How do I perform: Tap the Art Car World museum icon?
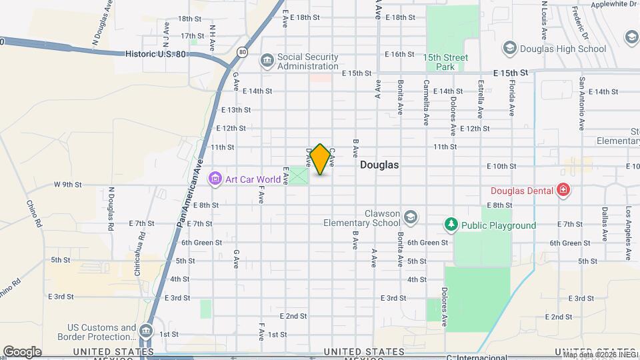(215, 179)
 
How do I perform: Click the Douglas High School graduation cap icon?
(510, 49)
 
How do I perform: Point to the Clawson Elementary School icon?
(411, 217)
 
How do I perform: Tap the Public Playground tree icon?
(451, 225)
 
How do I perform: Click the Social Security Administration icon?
(267, 61)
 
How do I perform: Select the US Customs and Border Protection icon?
(147, 331)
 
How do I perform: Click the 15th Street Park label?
(446, 62)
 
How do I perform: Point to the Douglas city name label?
(379, 165)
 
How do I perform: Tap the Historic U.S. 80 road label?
(155, 53)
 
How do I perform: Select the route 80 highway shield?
(241, 51)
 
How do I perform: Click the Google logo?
(22, 351)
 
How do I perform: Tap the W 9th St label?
(67, 184)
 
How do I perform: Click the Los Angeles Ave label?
(627, 224)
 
